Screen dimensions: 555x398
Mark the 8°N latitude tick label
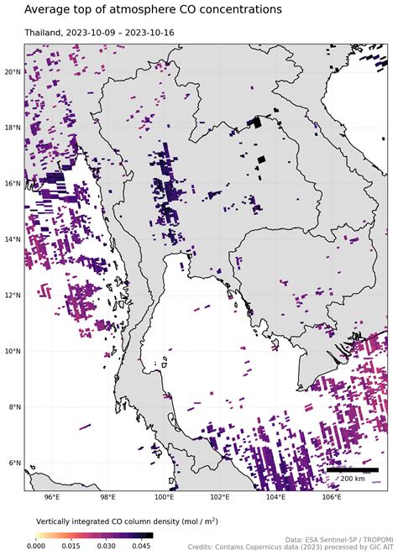click(13, 407)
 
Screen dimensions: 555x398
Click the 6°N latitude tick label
click(13, 463)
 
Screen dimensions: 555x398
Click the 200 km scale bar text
click(352, 478)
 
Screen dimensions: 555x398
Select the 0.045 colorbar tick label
click(141, 545)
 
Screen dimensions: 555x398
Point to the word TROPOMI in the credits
click(372, 539)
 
